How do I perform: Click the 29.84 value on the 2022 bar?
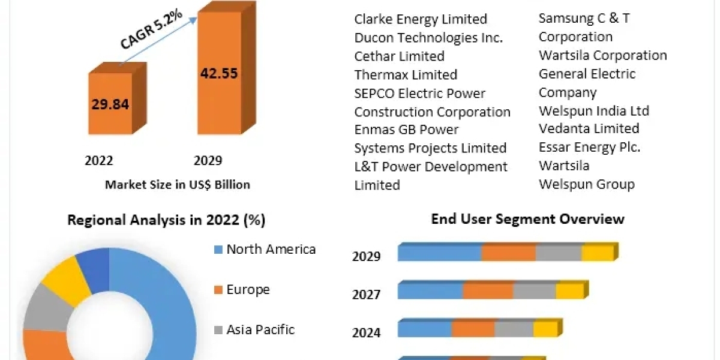(110, 104)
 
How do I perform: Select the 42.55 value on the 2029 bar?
(218, 74)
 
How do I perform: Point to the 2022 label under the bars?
(99, 160)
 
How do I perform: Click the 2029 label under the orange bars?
(208, 160)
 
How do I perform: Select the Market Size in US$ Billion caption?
(178, 185)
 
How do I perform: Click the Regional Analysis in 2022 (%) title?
(166, 220)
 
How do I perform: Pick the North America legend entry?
(271, 250)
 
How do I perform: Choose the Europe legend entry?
(248, 290)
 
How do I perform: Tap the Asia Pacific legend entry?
(260, 329)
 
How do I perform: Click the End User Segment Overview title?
(527, 219)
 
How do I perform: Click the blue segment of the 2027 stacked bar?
(430, 291)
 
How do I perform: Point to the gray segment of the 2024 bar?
(514, 329)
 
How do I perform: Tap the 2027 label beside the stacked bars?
(366, 295)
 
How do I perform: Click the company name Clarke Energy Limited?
(421, 19)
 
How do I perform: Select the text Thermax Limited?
(406, 75)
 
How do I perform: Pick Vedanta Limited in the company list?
(589, 128)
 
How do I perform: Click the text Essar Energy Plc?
(589, 147)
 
